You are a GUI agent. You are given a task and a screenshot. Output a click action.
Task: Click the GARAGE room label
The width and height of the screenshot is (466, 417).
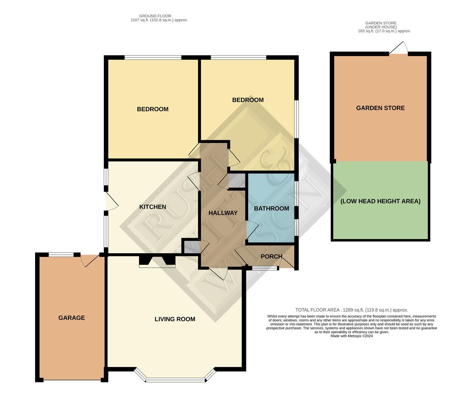pyautogui.click(x=71, y=318)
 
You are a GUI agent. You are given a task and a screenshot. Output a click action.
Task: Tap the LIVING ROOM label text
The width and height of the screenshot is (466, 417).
pyautogui.click(x=175, y=319)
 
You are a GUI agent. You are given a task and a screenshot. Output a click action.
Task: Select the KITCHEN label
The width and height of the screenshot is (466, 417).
pyautogui.click(x=153, y=207)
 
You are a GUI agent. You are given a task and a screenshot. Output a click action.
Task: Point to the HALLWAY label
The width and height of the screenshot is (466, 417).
pyautogui.click(x=223, y=213)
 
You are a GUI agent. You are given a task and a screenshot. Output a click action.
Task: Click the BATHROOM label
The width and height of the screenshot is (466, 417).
pyautogui.click(x=271, y=208)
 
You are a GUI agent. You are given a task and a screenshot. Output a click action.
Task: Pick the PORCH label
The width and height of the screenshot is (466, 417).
pyautogui.click(x=271, y=256)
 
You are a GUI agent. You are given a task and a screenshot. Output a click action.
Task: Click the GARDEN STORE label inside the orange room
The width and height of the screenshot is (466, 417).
pyautogui.click(x=380, y=108)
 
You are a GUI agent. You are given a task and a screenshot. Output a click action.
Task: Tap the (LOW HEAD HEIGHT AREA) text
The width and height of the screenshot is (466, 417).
pyautogui.click(x=380, y=201)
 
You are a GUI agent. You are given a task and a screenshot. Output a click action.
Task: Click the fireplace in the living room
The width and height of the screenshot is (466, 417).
pyautogui.click(x=157, y=262)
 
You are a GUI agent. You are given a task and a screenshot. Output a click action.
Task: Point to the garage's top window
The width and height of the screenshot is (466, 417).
pyautogui.click(x=61, y=254)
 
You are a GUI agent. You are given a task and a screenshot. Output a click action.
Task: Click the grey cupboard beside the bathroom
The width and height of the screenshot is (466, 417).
pyautogui.click(x=237, y=181)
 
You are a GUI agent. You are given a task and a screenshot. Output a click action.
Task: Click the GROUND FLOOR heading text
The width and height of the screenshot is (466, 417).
pyautogui.click(x=155, y=16)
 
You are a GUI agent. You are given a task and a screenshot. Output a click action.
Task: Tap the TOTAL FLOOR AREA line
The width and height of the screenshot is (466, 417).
pyautogui.click(x=352, y=310)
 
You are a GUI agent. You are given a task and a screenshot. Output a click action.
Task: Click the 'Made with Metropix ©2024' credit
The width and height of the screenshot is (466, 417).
pyautogui.click(x=352, y=336)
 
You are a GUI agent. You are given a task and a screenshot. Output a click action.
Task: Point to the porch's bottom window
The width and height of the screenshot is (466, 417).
pyautogui.click(x=265, y=268)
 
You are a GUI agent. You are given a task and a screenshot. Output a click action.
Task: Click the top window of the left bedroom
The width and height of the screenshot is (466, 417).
pyautogui.click(x=153, y=57)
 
